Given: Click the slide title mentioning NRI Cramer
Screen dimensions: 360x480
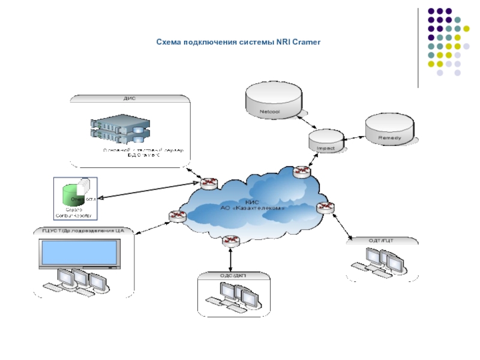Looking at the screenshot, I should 239,43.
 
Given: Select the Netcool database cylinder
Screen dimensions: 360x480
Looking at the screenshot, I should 273,100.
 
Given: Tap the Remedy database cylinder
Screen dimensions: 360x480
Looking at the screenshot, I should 389,130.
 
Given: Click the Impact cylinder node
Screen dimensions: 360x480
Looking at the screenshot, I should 326,141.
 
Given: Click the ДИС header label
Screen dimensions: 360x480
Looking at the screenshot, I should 129,98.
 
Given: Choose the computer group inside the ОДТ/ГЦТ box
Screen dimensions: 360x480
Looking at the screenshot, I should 381,262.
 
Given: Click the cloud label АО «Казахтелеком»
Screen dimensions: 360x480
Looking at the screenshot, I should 252,208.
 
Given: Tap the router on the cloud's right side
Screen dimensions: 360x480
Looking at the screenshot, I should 327,208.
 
